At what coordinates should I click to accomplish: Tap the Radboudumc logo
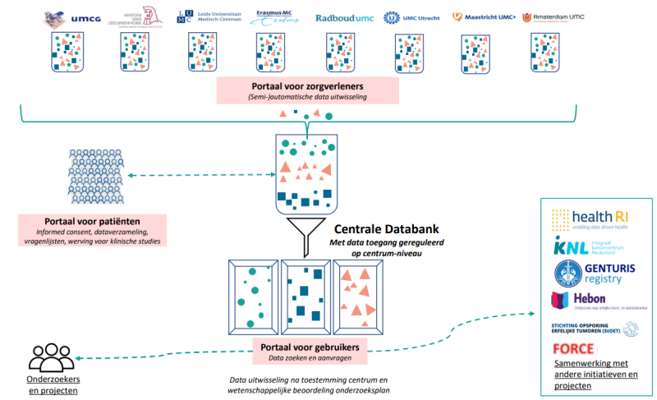click(x=344, y=16)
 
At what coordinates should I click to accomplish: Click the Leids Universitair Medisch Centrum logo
click(x=209, y=16)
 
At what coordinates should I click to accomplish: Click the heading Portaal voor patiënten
click(x=92, y=222)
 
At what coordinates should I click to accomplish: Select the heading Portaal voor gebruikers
click(x=310, y=347)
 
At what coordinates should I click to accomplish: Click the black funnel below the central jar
click(x=306, y=232)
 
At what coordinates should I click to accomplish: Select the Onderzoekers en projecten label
click(x=56, y=386)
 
